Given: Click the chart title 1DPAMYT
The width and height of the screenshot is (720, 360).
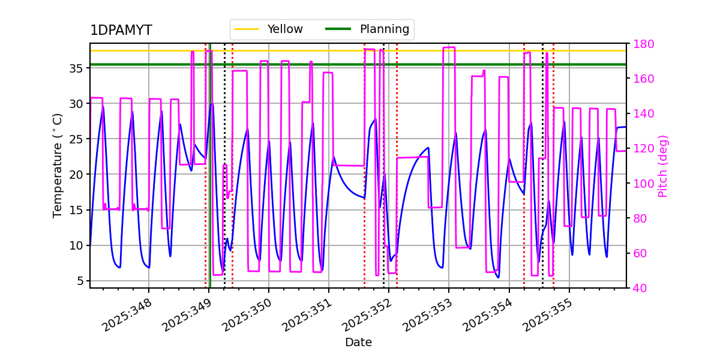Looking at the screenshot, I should (121, 31).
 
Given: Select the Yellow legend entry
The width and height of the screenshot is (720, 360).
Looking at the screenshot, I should (285, 29).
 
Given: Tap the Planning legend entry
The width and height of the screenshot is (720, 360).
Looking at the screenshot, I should (384, 29).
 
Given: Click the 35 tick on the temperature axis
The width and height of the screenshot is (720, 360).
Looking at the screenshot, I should (76, 68).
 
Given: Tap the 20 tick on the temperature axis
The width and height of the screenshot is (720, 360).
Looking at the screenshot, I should (76, 175).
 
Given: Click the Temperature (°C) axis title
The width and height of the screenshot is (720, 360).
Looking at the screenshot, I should (58, 166).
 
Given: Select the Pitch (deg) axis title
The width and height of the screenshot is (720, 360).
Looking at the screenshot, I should (663, 166).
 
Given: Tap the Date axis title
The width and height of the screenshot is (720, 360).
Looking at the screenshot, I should (358, 343).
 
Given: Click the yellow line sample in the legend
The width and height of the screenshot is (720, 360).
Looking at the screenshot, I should (246, 29).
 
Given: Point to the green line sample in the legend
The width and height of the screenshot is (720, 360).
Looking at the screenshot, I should (338, 29).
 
